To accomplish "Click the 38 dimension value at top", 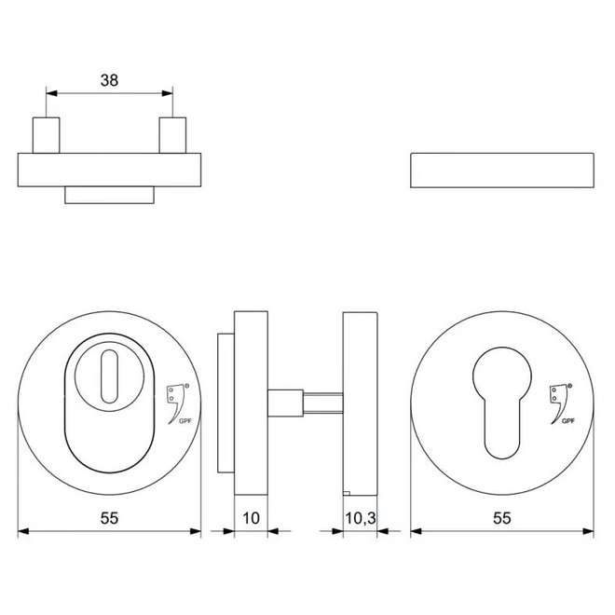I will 110,80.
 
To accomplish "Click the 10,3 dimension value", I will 359,515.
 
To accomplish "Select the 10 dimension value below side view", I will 250,515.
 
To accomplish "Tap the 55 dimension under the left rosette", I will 110,515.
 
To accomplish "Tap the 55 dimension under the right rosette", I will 502,515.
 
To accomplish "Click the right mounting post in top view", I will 171,135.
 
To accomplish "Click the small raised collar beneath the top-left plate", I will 109,194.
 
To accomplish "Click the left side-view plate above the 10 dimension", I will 250,403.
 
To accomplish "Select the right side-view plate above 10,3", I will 359,403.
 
